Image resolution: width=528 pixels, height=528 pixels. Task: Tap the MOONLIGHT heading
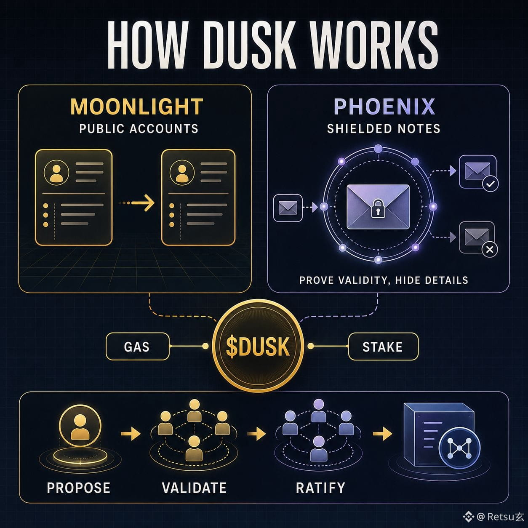(137, 107)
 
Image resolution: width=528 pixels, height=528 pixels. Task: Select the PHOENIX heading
(384, 107)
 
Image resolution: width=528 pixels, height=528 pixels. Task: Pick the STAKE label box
(383, 347)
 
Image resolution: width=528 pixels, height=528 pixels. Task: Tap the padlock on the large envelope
(378, 208)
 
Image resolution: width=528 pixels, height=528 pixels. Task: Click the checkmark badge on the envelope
(490, 184)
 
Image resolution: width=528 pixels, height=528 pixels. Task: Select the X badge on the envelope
(490, 249)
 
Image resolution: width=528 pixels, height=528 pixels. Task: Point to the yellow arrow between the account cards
(137, 203)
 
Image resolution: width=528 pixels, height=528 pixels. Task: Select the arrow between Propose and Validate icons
(131, 434)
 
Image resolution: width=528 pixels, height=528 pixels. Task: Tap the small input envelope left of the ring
(288, 208)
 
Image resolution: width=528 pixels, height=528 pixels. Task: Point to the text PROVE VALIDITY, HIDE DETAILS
(384, 280)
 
